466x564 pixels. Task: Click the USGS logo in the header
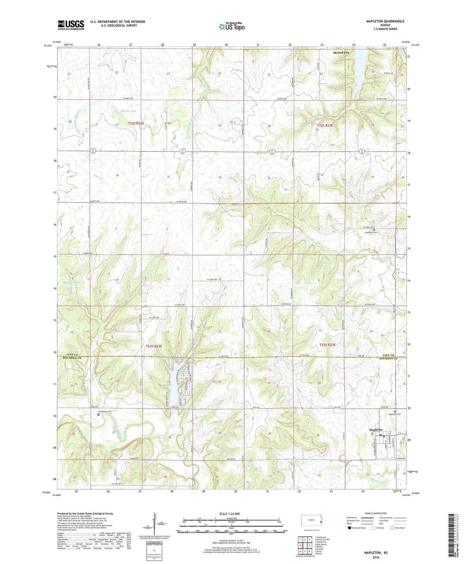coord(71,25)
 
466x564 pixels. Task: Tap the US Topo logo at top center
coord(232,26)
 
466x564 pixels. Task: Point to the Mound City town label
coord(341,53)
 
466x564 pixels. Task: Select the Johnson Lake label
coord(128,111)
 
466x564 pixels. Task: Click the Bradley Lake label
coord(71,282)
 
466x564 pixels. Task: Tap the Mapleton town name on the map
coord(376,430)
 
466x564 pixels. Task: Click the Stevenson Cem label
coord(105,412)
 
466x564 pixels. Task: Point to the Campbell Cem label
coord(371,232)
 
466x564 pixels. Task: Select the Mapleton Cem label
coord(395,414)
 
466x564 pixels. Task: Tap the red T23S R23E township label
coord(327,345)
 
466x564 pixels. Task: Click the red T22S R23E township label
coord(325,125)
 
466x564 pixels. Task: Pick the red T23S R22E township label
coord(154,346)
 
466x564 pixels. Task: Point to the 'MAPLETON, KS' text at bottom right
coord(376,553)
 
